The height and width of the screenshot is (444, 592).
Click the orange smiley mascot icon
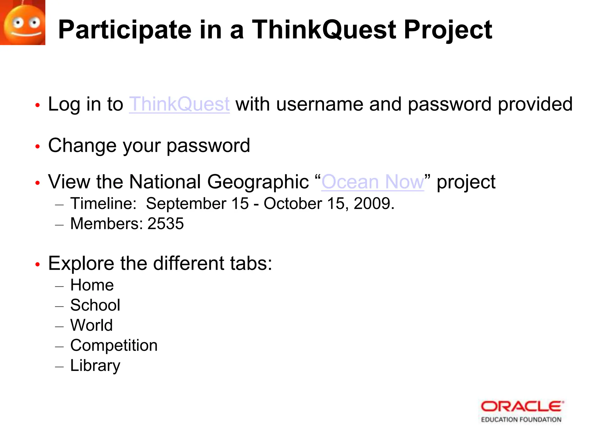click(23, 23)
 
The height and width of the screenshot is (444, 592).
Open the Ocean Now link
click(373, 182)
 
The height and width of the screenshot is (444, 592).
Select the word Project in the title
click(448, 30)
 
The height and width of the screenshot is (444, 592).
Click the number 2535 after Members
click(166, 223)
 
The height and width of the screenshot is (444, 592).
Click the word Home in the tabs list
click(92, 285)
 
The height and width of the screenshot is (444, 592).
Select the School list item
click(95, 305)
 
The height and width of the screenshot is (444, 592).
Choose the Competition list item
click(114, 345)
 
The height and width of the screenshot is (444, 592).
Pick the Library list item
click(95, 365)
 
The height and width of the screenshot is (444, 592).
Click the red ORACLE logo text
click(522, 407)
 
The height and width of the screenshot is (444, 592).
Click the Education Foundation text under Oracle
click(521, 419)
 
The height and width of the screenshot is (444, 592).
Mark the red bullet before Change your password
click(37, 147)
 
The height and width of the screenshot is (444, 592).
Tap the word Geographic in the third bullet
click(258, 182)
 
